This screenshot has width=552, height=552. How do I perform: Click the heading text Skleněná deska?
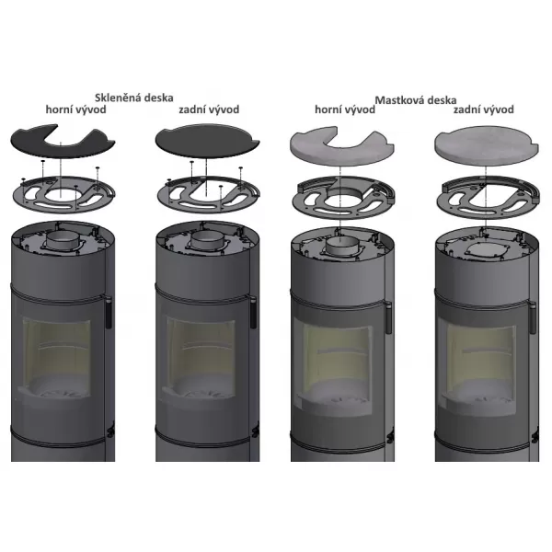[133, 98]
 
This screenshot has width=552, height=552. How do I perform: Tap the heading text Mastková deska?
[416, 100]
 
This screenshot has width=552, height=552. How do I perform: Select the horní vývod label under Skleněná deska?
[75, 109]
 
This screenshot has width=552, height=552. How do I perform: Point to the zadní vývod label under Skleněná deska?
[209, 109]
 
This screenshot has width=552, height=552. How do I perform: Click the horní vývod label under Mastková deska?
[345, 109]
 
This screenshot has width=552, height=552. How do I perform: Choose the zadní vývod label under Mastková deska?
[483, 109]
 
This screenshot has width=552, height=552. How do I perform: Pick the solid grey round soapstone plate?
[487, 145]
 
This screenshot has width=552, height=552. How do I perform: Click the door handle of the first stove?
[109, 313]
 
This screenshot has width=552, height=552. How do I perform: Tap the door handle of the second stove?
[252, 313]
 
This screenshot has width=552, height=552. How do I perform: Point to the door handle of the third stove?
[388, 318]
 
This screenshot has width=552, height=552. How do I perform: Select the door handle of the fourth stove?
[533, 318]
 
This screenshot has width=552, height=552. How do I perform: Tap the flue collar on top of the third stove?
[340, 245]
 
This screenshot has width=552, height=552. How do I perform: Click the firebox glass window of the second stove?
[201, 355]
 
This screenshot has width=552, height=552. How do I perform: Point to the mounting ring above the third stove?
[343, 198]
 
